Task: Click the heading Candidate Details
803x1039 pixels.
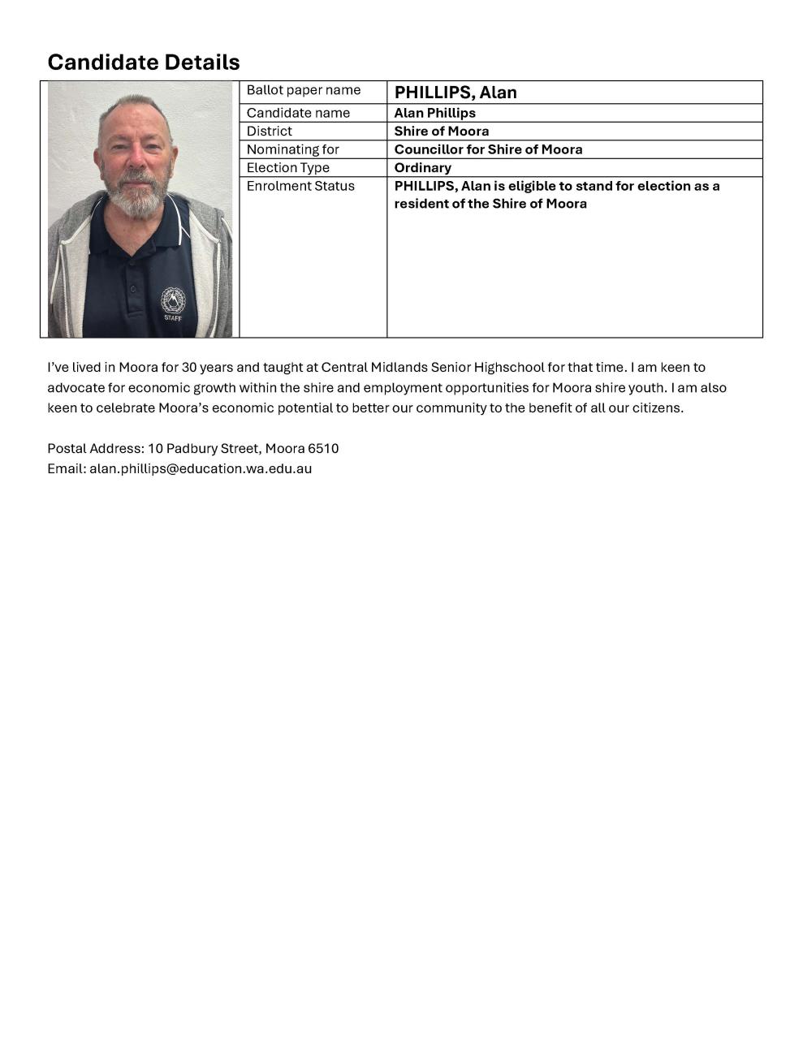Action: point(144,62)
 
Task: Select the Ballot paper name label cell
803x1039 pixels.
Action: point(303,90)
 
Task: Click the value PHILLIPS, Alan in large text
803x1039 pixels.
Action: point(455,93)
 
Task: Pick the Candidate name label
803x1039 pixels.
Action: point(298,113)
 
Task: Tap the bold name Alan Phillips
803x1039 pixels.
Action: point(434,113)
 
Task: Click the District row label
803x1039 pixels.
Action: point(270,131)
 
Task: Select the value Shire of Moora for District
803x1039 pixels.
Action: point(441,131)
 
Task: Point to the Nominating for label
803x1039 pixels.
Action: point(292,149)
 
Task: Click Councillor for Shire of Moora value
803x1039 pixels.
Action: point(488,149)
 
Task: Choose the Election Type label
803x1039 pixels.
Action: point(287,167)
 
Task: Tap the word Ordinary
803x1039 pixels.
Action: point(422,167)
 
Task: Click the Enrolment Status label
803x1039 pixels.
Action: point(300,186)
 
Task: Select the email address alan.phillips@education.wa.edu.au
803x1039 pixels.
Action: point(201,468)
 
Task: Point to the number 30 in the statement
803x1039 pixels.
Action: point(189,367)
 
